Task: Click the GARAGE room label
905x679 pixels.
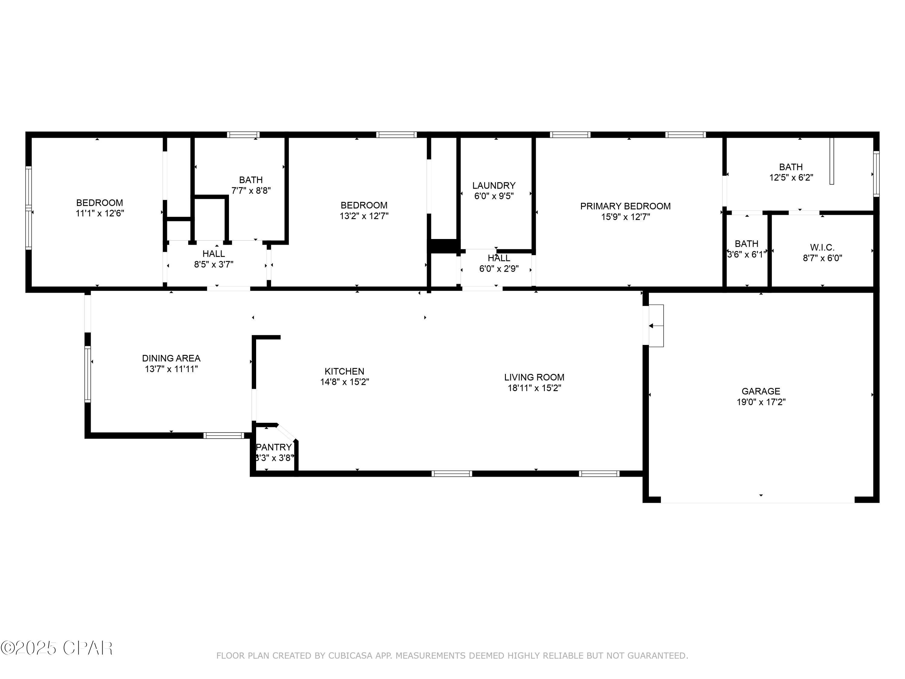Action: [761, 391]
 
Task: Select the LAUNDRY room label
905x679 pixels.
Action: [494, 185]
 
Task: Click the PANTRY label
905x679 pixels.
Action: [274, 447]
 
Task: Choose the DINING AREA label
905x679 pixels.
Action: [171, 358]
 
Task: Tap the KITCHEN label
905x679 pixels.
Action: [344, 371]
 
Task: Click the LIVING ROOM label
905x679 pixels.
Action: [534, 377]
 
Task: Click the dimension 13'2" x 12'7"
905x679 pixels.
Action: [364, 216]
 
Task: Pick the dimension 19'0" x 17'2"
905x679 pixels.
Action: [761, 402]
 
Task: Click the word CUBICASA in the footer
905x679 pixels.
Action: [350, 656]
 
